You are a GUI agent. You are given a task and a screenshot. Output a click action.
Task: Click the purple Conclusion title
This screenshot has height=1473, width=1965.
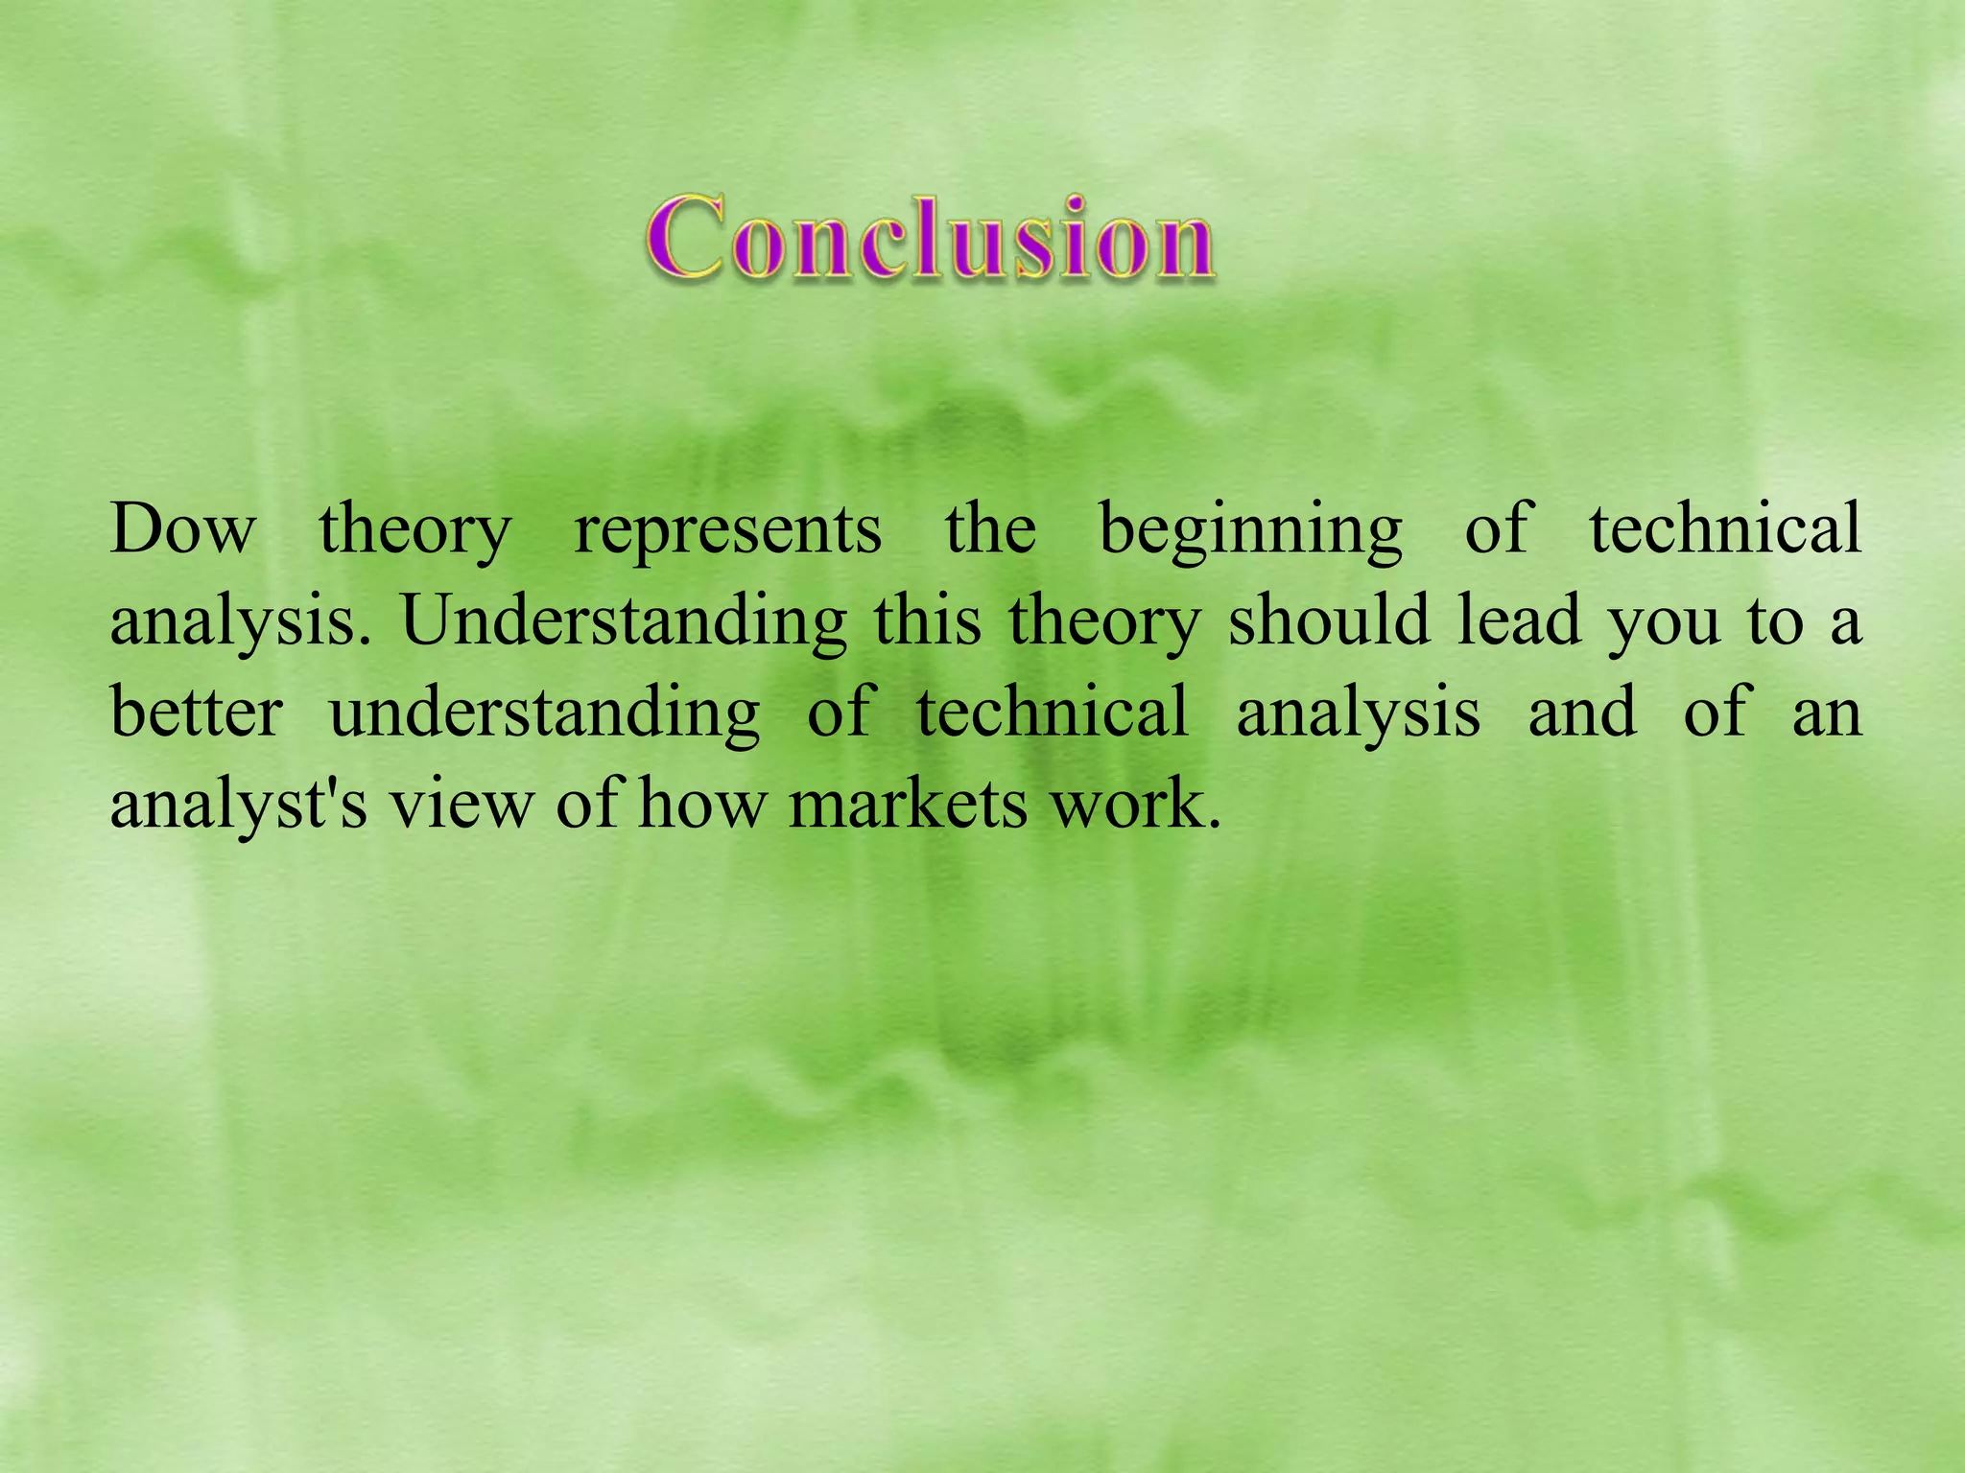(929, 237)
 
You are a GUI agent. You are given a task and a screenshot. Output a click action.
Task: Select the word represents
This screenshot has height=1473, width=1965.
(727, 530)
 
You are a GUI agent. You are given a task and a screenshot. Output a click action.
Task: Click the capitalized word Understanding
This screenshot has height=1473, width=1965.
(624, 622)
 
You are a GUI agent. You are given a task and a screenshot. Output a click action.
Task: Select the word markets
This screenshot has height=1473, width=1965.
(909, 803)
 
